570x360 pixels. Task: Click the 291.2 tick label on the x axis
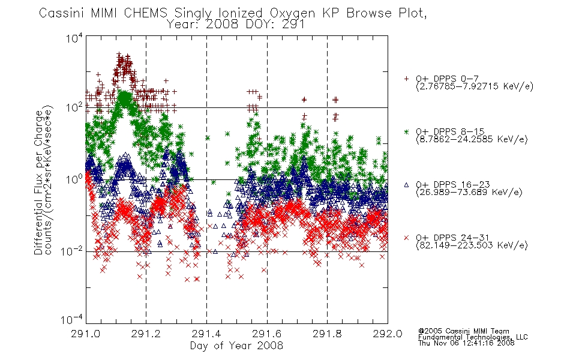[x=146, y=334]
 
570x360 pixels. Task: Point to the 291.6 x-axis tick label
[x=267, y=334]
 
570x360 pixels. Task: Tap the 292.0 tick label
[x=388, y=334]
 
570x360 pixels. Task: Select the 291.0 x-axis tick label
[x=85, y=334]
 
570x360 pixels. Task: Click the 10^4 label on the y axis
[x=74, y=38]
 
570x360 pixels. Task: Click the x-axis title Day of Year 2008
[x=236, y=346]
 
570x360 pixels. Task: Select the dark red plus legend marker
[x=406, y=79]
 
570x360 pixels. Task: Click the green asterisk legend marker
[x=406, y=131]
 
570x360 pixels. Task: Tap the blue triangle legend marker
[x=406, y=185]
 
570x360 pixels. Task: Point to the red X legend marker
[x=406, y=238]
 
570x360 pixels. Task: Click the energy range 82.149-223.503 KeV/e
[x=472, y=245]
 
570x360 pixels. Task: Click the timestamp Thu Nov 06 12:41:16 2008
[x=466, y=343]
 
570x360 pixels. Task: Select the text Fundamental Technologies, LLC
[x=473, y=337]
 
